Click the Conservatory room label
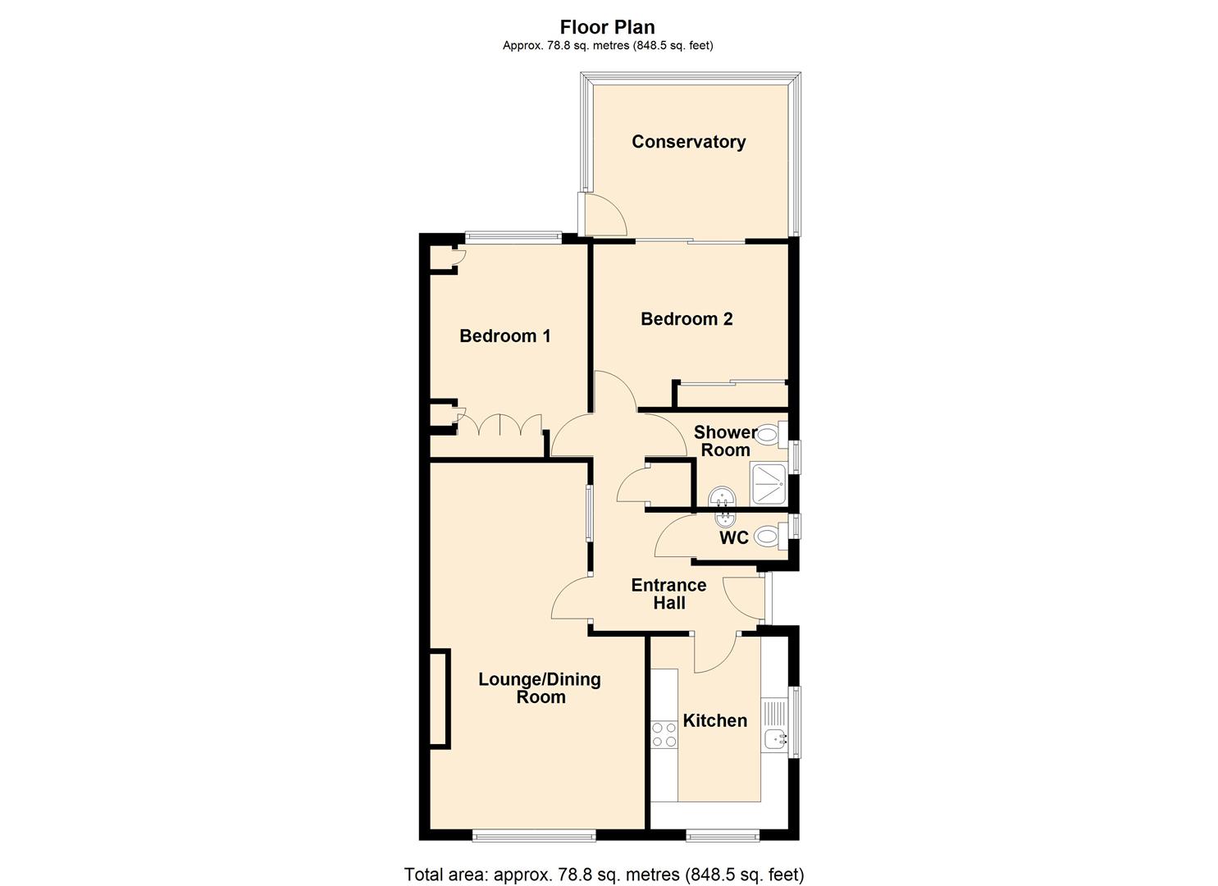tap(688, 142)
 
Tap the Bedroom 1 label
tap(504, 336)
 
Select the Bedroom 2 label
tap(687, 319)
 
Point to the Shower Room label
tap(725, 441)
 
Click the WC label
tap(733, 538)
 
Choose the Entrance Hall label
tap(668, 594)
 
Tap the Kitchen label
tap(714, 720)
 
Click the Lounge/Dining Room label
tap(540, 688)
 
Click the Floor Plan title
tap(608, 27)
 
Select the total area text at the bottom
tap(604, 875)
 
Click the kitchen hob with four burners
tap(664, 734)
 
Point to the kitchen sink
tap(775, 738)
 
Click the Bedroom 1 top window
tap(513, 238)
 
